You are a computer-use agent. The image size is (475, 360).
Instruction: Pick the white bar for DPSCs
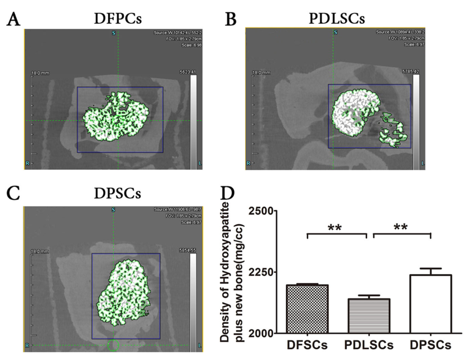pyautogui.click(x=429, y=304)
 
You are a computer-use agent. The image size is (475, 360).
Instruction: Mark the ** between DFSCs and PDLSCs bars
pyautogui.click(x=335, y=228)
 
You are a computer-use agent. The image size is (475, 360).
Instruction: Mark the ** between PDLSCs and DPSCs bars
pyautogui.click(x=401, y=228)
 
